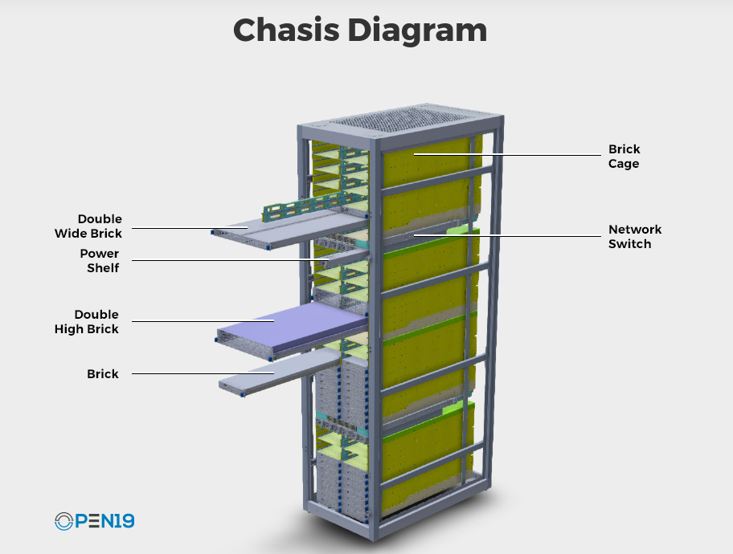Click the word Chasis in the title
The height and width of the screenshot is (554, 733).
(x=286, y=30)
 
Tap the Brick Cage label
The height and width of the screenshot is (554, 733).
(x=624, y=156)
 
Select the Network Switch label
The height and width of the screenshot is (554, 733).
(x=635, y=236)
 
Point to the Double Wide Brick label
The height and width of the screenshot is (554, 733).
(x=88, y=226)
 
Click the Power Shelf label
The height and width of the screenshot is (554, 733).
(x=100, y=261)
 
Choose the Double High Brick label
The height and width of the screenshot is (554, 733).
(x=87, y=321)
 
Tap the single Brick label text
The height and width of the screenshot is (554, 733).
(x=103, y=373)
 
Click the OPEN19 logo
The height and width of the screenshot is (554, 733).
(x=94, y=521)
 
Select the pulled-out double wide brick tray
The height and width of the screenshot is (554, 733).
(x=290, y=228)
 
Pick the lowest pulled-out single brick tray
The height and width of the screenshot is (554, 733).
(x=280, y=373)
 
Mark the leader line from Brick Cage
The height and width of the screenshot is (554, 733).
(x=507, y=155)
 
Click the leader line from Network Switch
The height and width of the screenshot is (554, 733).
(x=507, y=235)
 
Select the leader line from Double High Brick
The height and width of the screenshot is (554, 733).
(x=203, y=321)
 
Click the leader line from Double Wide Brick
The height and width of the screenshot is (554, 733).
(x=190, y=228)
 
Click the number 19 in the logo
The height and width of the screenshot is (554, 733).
(x=125, y=521)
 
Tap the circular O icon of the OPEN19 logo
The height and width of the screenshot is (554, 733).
(x=63, y=521)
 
